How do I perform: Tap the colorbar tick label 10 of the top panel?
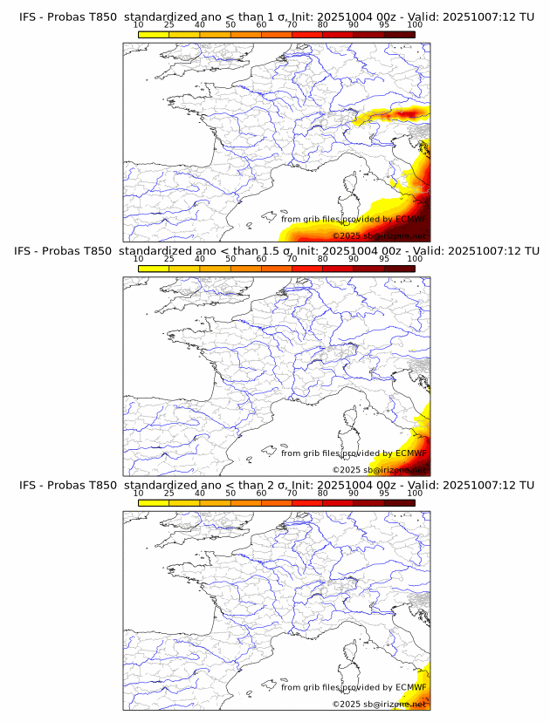pyautogui.click(x=139, y=24)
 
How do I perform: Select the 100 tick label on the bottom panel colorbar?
pyautogui.click(x=415, y=493)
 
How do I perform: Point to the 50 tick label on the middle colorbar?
pyautogui.click(x=230, y=259)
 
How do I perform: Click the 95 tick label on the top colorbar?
pyautogui.click(x=384, y=24)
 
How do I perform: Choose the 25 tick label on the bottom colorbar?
pyautogui.click(x=169, y=493)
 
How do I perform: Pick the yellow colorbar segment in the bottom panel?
pyautogui.click(x=154, y=502)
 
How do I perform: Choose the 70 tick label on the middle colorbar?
pyautogui.click(x=292, y=259)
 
